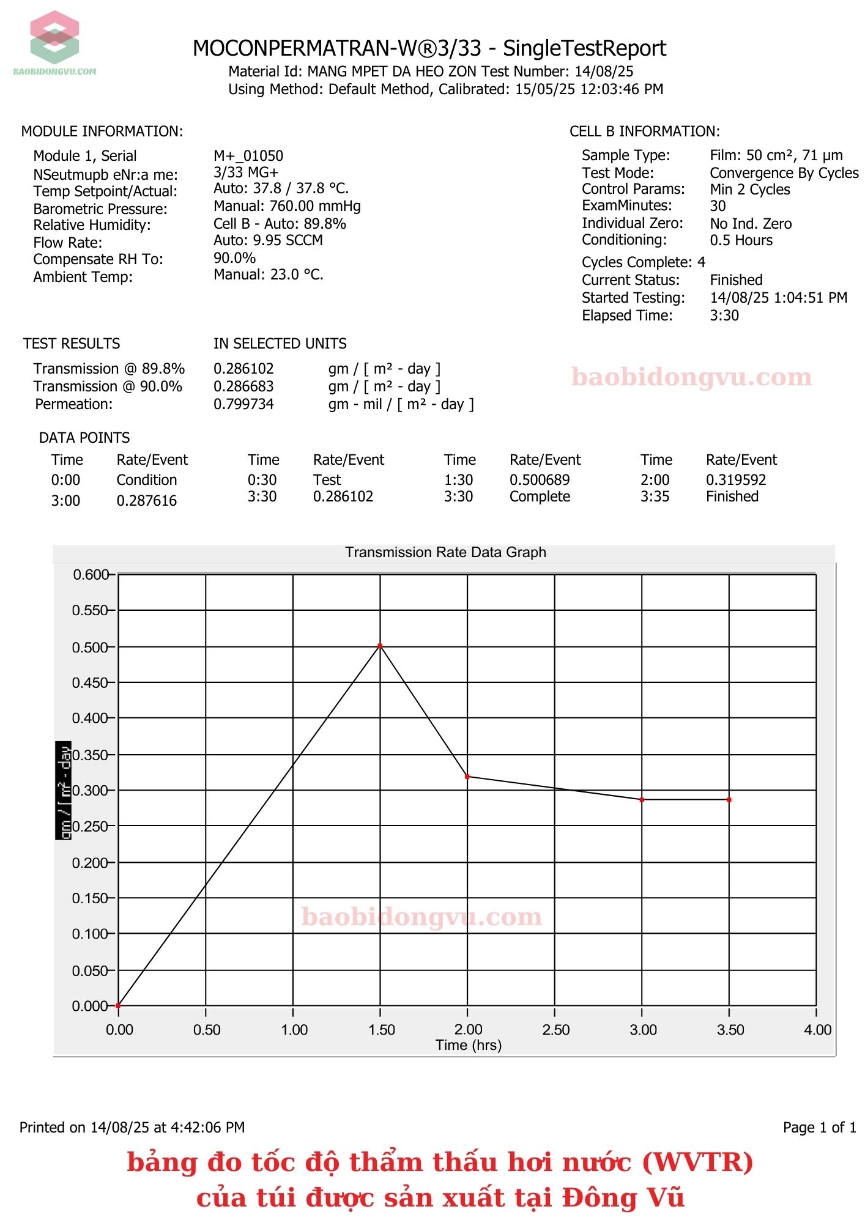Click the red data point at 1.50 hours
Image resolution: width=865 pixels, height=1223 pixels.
coord(380,646)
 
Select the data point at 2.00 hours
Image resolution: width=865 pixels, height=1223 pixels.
coord(467,777)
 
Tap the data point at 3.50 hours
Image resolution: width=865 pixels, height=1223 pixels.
coord(729,800)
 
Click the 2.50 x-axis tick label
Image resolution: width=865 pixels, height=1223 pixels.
coord(555,1030)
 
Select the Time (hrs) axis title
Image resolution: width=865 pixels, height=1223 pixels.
coord(468,1045)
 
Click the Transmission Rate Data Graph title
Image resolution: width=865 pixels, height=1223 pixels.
coord(445,552)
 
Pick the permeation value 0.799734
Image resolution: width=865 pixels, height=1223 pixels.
coord(243,404)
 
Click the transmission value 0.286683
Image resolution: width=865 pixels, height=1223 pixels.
coord(243,386)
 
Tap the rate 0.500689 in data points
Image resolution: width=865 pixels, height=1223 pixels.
coord(540,480)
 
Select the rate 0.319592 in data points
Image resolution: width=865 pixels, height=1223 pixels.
coord(736,480)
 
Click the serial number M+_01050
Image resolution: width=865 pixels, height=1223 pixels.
coord(248,156)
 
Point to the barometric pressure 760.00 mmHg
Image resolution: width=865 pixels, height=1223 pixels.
coord(287,206)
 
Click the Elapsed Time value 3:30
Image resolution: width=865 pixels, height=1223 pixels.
coord(724,316)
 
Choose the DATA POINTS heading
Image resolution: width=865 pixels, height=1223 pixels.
coord(84,438)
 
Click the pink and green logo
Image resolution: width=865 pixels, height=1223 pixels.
coord(54,38)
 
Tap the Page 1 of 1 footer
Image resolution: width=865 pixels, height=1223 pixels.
coord(819,1128)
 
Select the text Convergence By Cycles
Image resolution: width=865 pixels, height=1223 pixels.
coord(784,173)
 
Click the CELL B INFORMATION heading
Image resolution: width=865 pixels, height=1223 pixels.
coord(645,131)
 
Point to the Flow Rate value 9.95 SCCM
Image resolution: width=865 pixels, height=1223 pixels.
coord(268,240)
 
